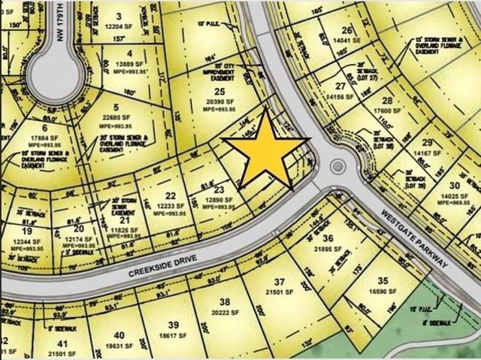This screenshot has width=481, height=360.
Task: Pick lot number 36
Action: click(x=327, y=238)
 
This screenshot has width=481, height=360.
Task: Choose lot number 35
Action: click(x=383, y=278)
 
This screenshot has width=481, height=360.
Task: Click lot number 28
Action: click(x=388, y=100)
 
